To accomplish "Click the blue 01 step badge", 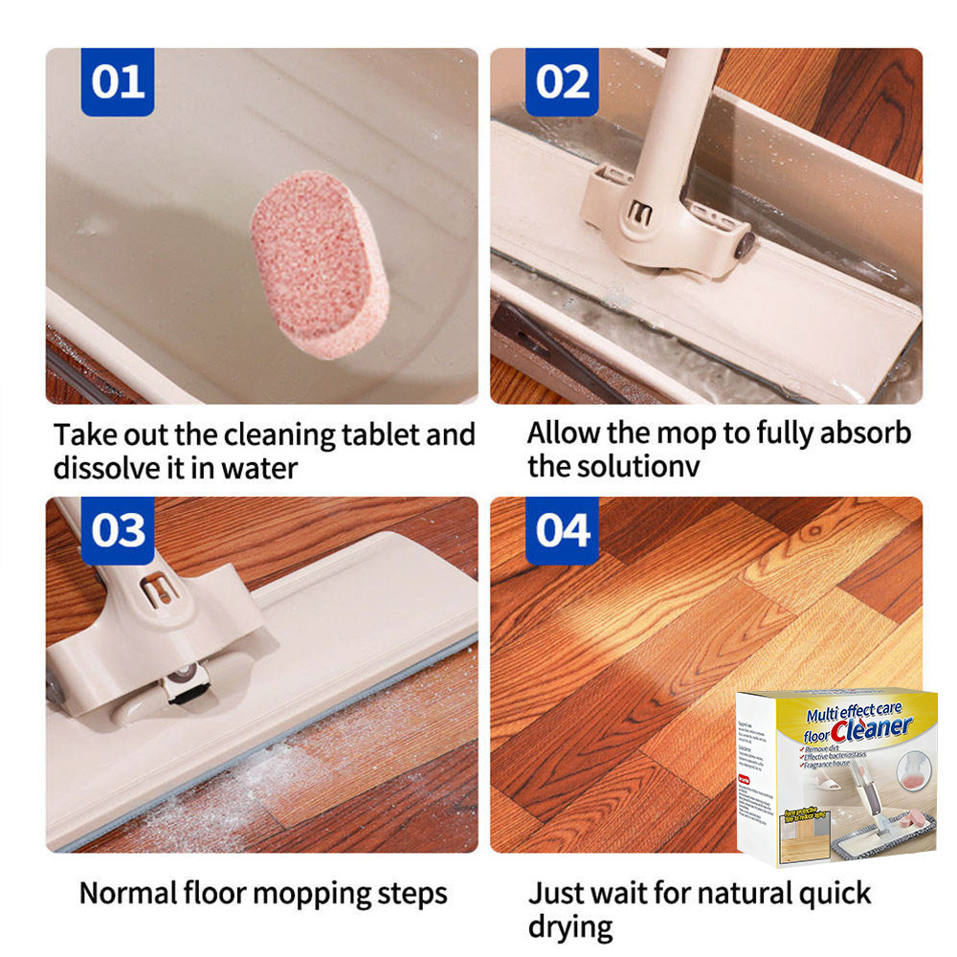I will pos(117,82).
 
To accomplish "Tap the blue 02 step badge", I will pos(562,82).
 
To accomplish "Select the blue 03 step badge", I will pos(117,530).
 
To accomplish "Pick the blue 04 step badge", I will pos(562,530).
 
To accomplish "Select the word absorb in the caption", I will pos(863,433).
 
